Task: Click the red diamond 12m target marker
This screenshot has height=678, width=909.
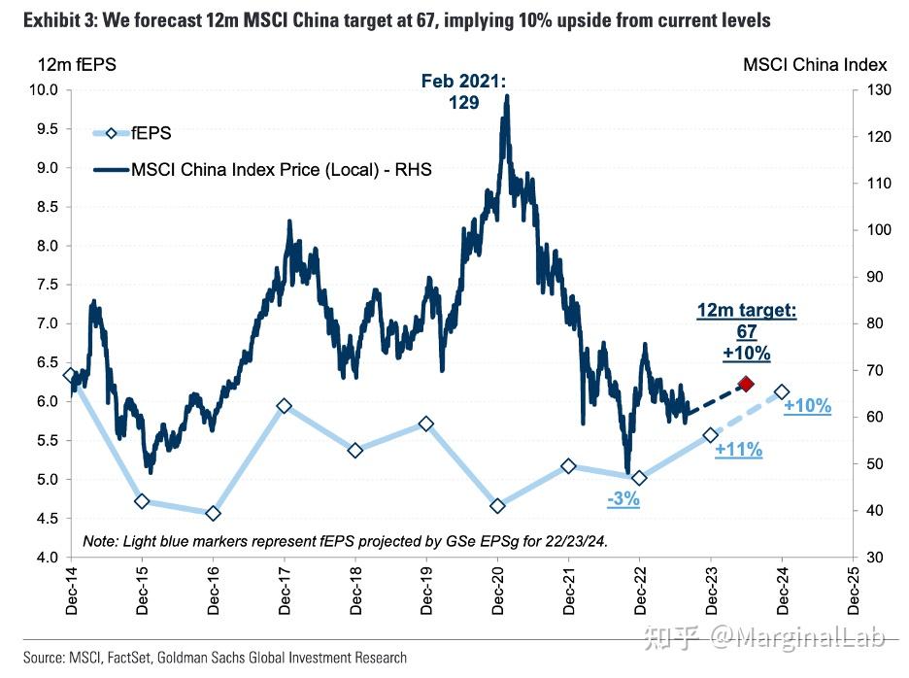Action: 746,385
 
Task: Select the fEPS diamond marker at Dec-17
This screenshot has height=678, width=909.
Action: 284,406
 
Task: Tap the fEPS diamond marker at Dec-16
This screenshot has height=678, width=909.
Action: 213,513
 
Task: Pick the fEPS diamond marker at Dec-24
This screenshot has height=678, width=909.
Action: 782,392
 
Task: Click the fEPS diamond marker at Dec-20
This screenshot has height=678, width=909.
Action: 497,506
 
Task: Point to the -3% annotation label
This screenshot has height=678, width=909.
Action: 623,499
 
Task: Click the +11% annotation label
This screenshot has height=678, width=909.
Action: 738,450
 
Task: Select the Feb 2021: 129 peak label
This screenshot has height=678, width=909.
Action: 463,91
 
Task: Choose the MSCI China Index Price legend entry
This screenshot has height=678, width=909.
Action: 262,170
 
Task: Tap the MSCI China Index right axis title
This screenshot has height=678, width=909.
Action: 814,65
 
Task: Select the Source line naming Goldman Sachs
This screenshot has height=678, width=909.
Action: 204,658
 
